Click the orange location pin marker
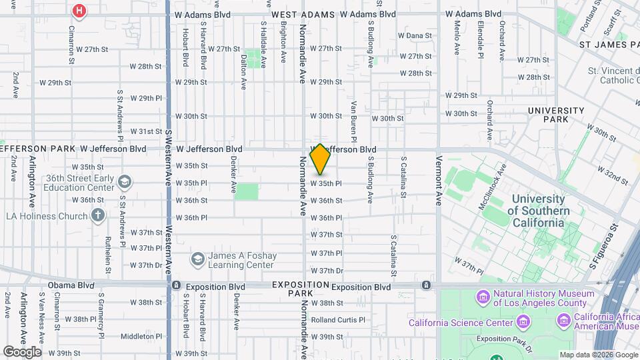320,159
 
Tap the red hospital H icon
79,11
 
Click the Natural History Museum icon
483,295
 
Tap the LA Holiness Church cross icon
98,215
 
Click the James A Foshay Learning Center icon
197,258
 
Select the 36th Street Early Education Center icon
124,181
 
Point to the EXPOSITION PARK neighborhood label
301,289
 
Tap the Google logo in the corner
22,352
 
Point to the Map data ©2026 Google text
597,355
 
